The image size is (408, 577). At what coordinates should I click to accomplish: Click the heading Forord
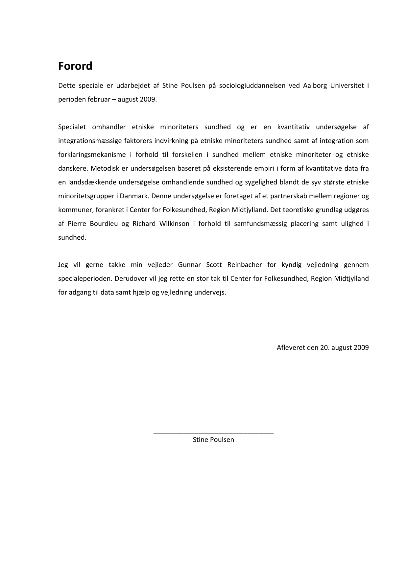coord(75,66)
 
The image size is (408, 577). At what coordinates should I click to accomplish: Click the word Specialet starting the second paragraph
coord(72,127)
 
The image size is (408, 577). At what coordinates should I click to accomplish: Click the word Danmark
coord(134,196)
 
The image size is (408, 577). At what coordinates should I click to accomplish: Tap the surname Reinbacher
coord(245,265)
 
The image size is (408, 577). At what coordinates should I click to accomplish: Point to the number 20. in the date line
coord(325,348)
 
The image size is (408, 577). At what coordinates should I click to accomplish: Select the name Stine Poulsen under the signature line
coord(213,440)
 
